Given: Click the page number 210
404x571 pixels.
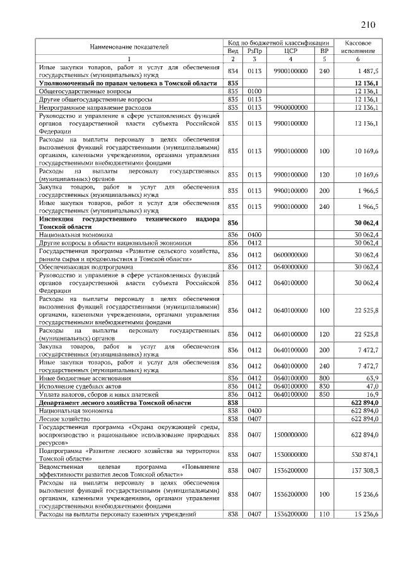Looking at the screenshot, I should click(x=368, y=25).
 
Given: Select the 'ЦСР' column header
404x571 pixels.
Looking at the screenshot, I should click(x=291, y=50).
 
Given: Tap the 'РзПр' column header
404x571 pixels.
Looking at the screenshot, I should click(x=254, y=50).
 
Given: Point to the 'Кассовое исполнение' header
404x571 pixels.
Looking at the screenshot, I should click(x=357, y=46).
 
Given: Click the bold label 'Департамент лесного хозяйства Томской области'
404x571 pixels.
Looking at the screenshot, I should click(x=113, y=403).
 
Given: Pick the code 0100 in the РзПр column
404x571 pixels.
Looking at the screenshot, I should click(x=254, y=91).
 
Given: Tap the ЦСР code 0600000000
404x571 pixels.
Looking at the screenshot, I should click(x=291, y=255).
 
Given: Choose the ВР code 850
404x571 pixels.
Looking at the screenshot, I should click(x=324, y=394).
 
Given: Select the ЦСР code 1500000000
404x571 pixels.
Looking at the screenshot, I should click(x=291, y=435).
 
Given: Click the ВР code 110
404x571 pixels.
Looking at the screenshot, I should click(x=324, y=514).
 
